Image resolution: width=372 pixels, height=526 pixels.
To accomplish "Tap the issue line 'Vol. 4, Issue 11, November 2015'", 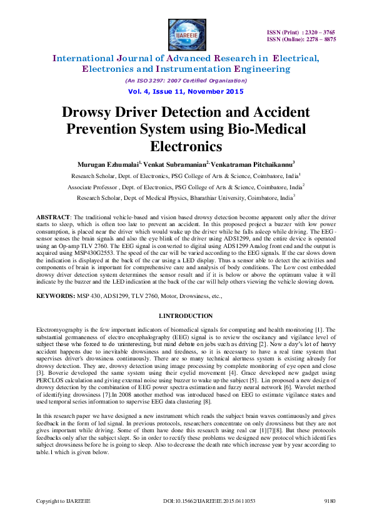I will coord(186,91).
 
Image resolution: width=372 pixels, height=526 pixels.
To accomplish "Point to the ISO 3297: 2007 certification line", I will coord(186,81).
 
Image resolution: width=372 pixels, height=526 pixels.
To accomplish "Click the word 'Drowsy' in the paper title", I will coord(93,113).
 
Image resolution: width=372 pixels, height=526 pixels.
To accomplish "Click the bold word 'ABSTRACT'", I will coord(55,216).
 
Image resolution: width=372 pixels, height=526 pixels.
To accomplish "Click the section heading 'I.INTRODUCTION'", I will coord(186,316).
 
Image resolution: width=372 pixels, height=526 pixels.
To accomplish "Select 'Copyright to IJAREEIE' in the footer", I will coord(63,519).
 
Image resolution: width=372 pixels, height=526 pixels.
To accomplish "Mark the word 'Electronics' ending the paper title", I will coord(186,146).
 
